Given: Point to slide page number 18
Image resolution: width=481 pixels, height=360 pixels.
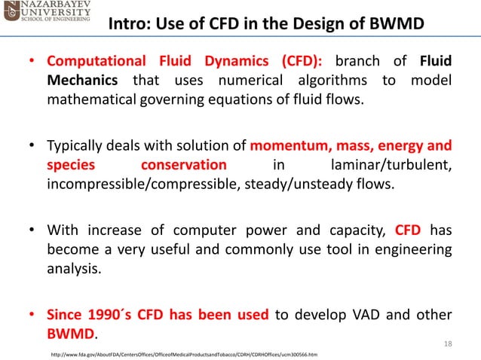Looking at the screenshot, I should [x=448, y=343].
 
